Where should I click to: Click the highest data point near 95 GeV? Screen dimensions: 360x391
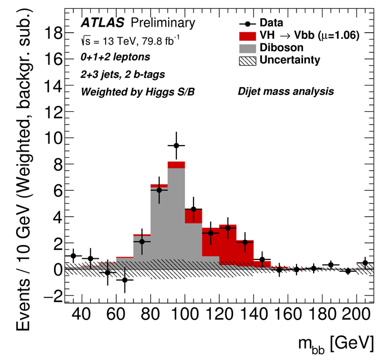[176, 146]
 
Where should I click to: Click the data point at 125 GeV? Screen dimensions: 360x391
[227, 228]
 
